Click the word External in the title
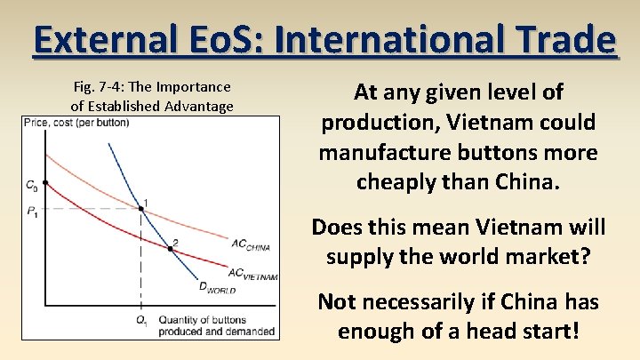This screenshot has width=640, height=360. pyautogui.click(x=98, y=40)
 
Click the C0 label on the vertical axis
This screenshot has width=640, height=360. pyautogui.click(x=31, y=185)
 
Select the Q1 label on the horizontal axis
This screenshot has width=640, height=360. pyautogui.click(x=141, y=321)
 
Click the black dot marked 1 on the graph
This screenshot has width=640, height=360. pyautogui.click(x=141, y=209)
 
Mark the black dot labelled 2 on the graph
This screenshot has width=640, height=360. pyautogui.click(x=171, y=248)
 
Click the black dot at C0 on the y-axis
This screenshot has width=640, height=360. pyautogui.click(x=45, y=183)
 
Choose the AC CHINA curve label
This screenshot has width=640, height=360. pyautogui.click(x=250, y=244)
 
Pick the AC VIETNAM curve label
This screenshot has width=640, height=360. pyautogui.click(x=252, y=275)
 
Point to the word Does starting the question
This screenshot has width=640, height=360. pyautogui.click(x=335, y=227)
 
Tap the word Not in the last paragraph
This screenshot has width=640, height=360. pyautogui.click(x=337, y=302)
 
